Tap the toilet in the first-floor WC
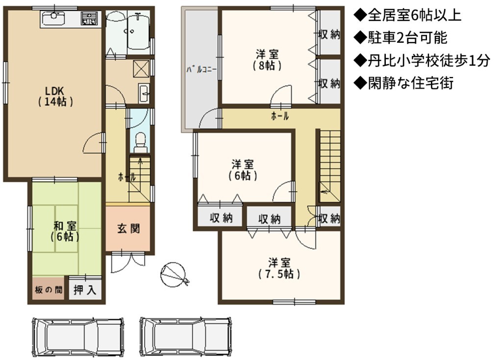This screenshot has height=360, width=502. coord(140,143)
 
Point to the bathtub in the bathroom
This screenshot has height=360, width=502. coord(138,31)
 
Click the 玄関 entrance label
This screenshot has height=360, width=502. coord(128,229)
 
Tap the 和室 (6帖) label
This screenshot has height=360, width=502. coord(65,231)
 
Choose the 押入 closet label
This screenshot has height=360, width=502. coord(85,290)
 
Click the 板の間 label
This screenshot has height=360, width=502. coord(49,290)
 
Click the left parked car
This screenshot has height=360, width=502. coord(78,337)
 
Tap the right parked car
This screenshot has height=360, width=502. coord(186,337)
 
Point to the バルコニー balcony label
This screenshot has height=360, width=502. coord(201,70)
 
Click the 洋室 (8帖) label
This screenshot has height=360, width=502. coord(267,59)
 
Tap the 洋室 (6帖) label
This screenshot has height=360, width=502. coord(243,170)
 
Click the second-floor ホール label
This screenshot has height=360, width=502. coord(280,116)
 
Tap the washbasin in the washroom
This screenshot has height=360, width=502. coord(144,93)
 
